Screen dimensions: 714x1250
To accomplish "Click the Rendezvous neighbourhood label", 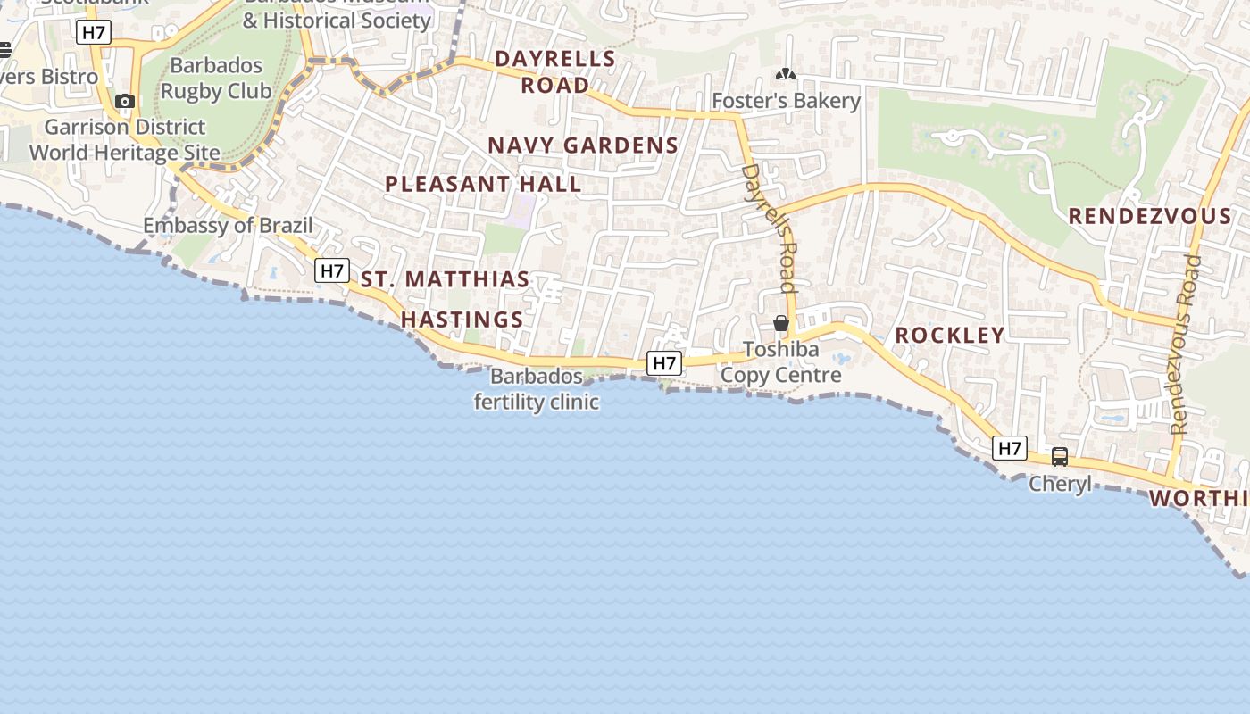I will pos(1149,216).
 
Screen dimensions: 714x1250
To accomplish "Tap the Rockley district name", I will pos(949,335).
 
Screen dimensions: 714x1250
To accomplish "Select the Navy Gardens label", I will pos(582,145).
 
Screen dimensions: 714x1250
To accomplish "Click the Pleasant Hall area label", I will pos(483,184).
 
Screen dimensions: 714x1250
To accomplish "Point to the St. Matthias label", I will pos(445,279).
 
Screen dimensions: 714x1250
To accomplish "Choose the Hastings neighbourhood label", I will pos(462,320).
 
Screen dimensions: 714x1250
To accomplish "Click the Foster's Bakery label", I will pos(786,101).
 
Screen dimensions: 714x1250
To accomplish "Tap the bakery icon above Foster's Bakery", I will pos(786,75).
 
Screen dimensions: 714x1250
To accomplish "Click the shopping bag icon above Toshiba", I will pos(781,323).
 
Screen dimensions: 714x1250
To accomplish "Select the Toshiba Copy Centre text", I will pos(781,361).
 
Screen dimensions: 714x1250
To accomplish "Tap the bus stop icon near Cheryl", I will pos(1060,457).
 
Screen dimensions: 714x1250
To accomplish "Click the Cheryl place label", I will pos(1060,484).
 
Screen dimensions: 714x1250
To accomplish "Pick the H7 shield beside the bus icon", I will pos(1010,448).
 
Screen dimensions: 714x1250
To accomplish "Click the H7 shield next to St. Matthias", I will pos(331,270).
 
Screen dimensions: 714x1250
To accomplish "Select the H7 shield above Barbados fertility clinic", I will pos(664,362).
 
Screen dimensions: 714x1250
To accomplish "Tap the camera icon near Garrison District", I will pos(125,102).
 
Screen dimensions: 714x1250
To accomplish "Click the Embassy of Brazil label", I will pos(228,225).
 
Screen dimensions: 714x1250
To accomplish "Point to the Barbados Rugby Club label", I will pos(216,79).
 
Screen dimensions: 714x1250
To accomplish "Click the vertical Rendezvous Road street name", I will pos(1186,344).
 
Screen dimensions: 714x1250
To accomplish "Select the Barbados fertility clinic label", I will pos(536,389).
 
